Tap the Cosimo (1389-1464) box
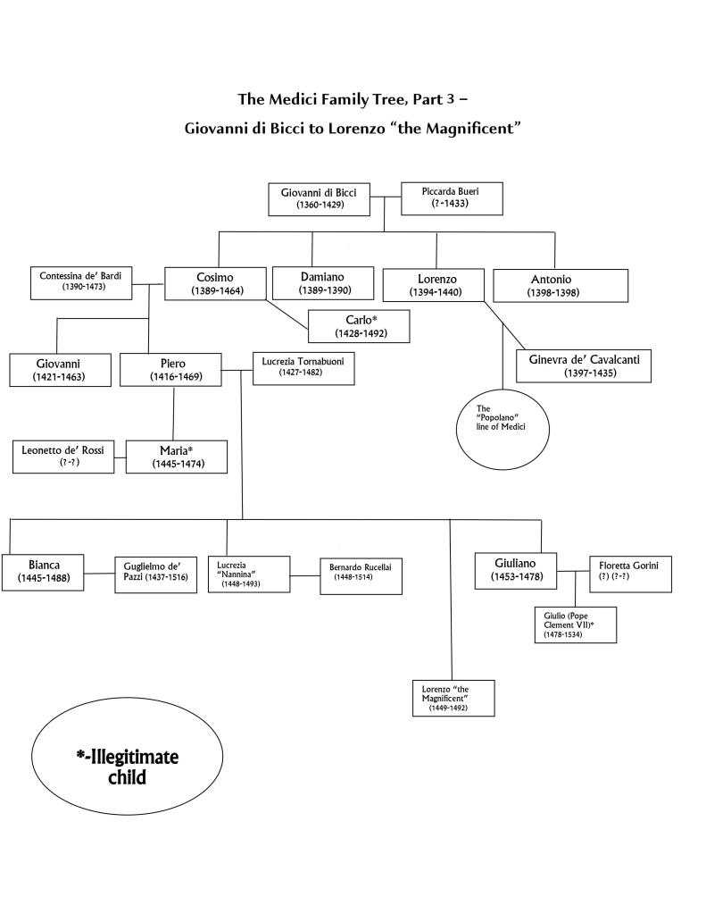pyautogui.click(x=215, y=283)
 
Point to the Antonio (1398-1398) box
pyautogui.click(x=551, y=285)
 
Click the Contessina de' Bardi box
pyautogui.click(x=80, y=281)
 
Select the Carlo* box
pyautogui.click(x=360, y=326)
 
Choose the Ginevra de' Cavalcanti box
pyautogui.click(x=584, y=365)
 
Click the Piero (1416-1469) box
pyautogui.click(x=173, y=370)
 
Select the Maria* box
pyautogui.click(x=176, y=456)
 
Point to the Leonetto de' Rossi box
pyautogui.click(x=62, y=456)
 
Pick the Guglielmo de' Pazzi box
pyautogui.click(x=154, y=575)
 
